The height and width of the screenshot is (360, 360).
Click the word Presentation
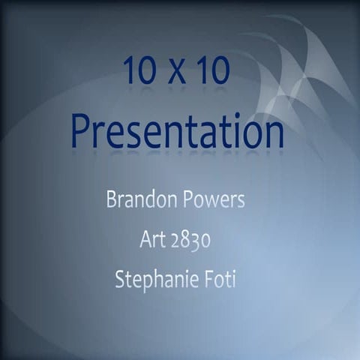coord(178,131)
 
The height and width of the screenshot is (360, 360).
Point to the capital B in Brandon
coord(110,201)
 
